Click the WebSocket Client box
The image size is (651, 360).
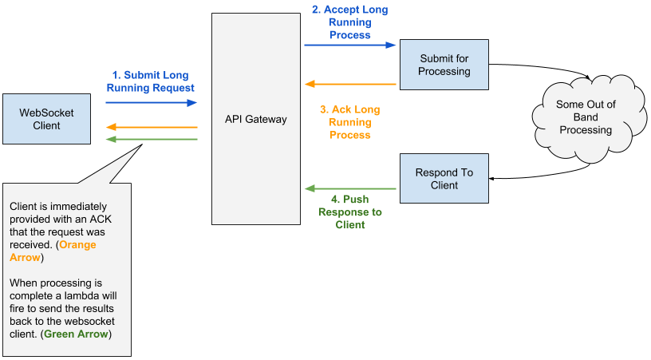click(46, 119)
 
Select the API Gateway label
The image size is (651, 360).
click(256, 119)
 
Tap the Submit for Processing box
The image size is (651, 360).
click(444, 65)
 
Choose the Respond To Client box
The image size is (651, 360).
click(444, 179)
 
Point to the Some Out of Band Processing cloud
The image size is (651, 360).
click(589, 117)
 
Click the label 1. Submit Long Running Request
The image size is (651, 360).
click(150, 81)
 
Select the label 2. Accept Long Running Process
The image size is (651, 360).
click(350, 22)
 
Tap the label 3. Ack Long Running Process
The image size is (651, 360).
click(350, 122)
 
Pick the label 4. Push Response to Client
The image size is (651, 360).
click(350, 212)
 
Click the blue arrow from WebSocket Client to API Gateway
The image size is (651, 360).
click(151, 102)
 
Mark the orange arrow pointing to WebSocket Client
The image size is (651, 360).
click(152, 127)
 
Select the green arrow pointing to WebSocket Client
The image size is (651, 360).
click(152, 139)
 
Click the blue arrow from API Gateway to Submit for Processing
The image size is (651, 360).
click(350, 45)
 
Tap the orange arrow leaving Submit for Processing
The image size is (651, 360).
click(350, 85)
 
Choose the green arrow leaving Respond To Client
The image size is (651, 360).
click(350, 189)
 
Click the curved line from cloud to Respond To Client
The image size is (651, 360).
click(540, 176)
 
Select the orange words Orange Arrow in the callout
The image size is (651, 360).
click(53, 251)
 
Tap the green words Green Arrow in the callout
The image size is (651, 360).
click(76, 334)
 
